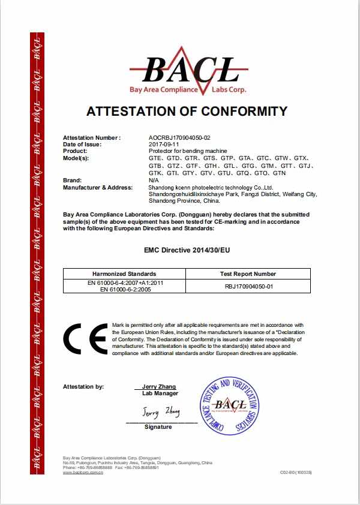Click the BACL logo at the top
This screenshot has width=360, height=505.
point(188,71)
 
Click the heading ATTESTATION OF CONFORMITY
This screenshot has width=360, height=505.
point(187,111)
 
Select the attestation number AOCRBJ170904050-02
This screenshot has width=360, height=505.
point(179,138)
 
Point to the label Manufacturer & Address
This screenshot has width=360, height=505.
point(98,187)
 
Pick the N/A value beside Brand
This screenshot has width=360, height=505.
point(153,181)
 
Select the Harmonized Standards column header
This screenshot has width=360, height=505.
point(124,273)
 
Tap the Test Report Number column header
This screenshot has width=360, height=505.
point(248,273)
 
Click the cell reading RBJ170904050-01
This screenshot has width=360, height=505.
point(248,286)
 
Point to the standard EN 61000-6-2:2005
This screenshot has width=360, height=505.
point(124,290)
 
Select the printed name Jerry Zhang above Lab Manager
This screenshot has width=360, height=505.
point(160,387)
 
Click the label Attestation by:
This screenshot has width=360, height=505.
point(83,387)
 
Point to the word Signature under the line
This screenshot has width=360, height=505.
point(158,427)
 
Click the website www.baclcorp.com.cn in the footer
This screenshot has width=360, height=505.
point(83,473)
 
